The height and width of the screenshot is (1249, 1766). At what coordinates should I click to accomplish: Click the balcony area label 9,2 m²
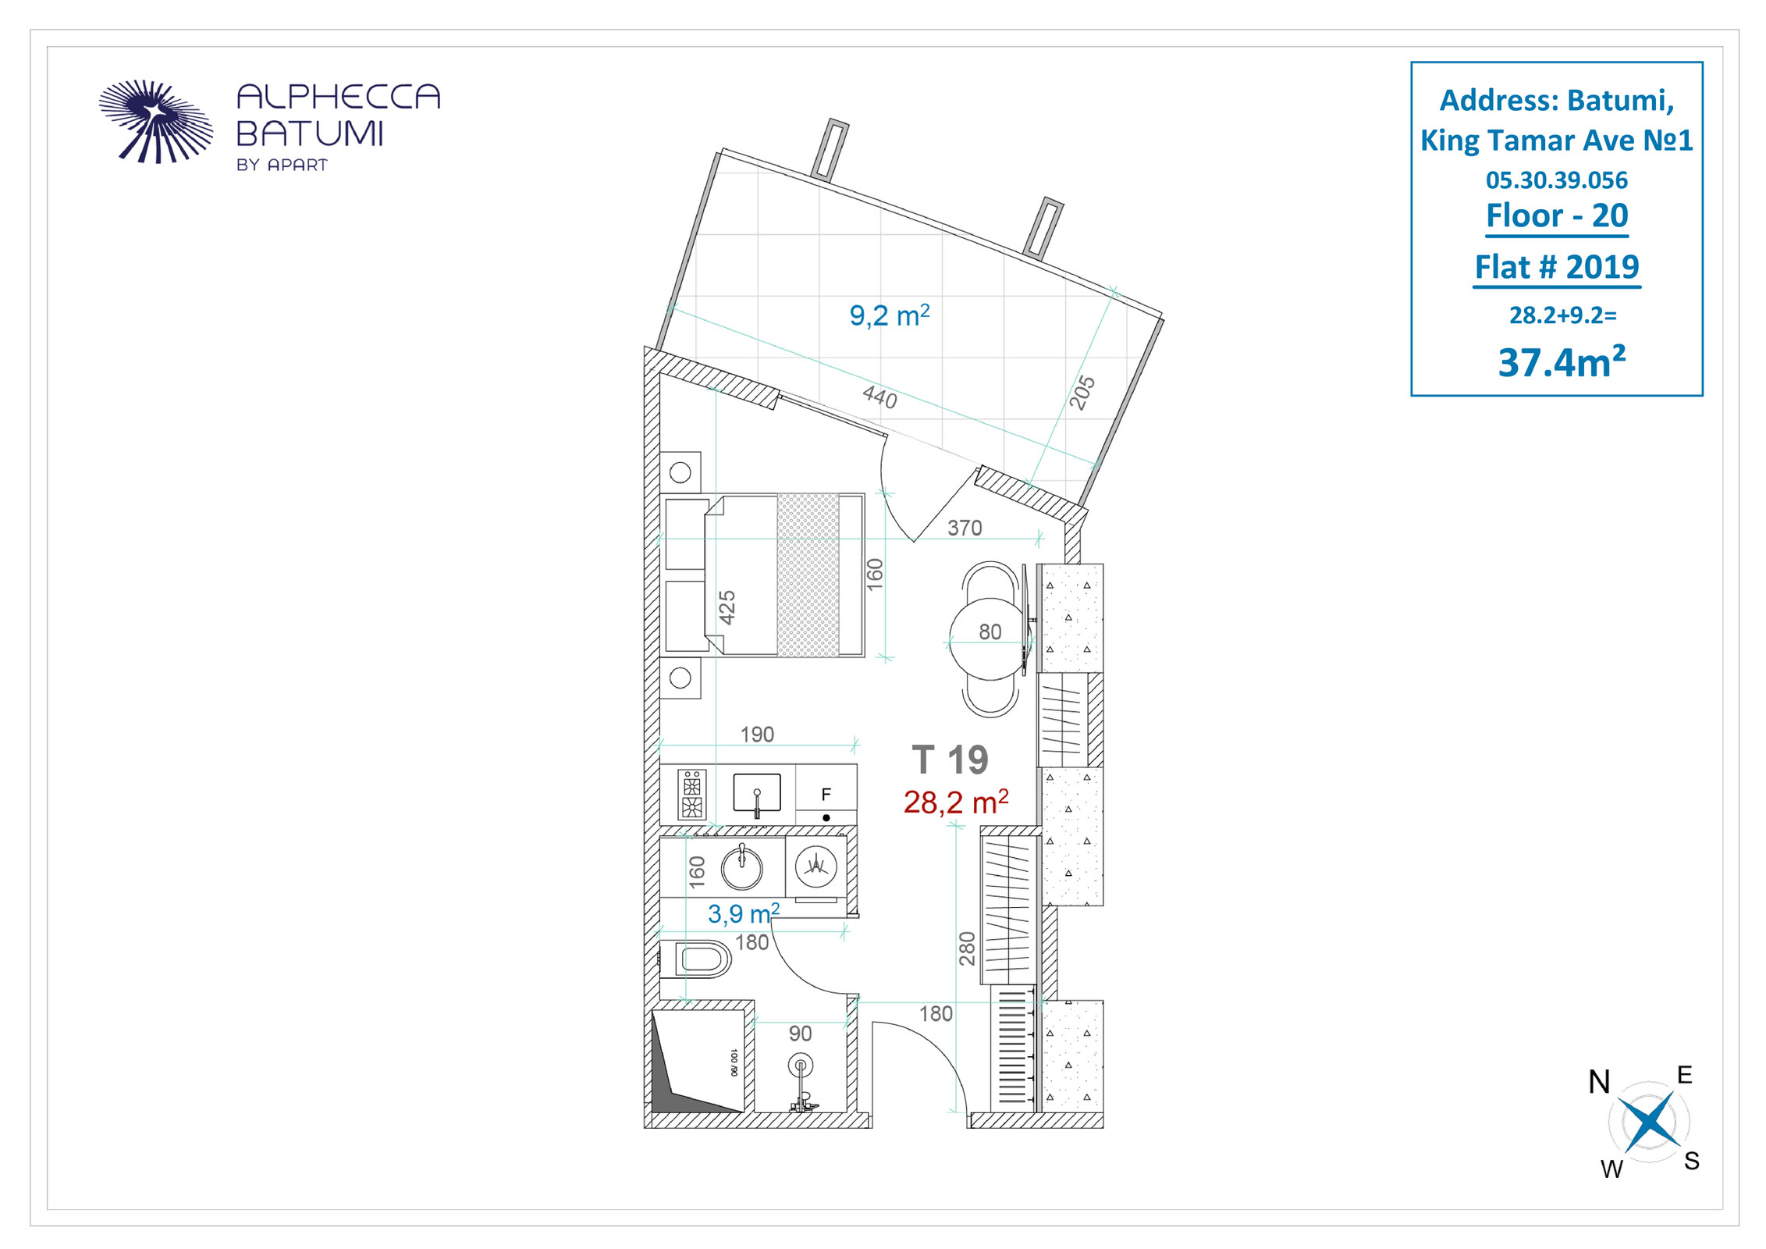pos(890,315)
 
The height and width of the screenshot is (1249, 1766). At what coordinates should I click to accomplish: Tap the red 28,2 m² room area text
pos(956,802)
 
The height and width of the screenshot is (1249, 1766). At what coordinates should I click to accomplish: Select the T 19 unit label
pos(951,760)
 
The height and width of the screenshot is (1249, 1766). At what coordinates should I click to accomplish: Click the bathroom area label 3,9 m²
pos(743,913)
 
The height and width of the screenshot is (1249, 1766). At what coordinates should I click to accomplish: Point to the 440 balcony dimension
pos(879,397)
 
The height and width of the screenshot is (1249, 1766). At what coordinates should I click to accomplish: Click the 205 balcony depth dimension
pos(1082,393)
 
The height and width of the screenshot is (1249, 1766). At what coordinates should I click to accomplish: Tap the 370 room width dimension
pos(965,528)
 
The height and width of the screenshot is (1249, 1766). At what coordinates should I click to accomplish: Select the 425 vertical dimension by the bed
pos(727,607)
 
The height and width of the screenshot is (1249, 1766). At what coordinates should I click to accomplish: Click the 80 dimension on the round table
pos(990,632)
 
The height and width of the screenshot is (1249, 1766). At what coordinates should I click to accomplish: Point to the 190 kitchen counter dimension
pos(757,734)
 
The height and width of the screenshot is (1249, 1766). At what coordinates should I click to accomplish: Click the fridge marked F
pos(826,795)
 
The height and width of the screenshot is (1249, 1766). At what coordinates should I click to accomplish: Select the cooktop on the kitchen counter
pos(691,794)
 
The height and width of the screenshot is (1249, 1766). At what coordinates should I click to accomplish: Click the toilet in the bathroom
pos(696,959)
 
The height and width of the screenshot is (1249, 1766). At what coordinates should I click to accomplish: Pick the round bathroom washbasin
pos(741,867)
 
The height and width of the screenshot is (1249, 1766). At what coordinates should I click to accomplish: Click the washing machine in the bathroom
pos(815,866)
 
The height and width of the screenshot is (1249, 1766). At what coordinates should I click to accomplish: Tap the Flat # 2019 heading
pos(1557,267)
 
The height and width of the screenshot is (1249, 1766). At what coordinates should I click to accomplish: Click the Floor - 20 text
pos(1557,215)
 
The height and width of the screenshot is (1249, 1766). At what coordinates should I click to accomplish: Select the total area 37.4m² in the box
pos(1562,362)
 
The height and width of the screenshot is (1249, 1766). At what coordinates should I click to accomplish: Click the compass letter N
pos(1599,1082)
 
